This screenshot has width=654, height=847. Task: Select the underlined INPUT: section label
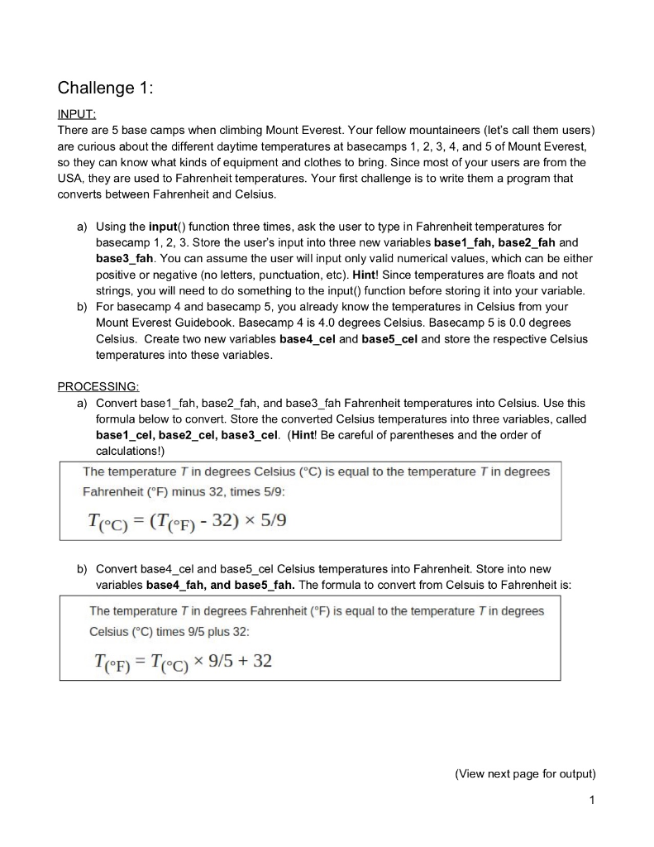pyautogui.click(x=77, y=115)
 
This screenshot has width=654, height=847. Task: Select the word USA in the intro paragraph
pyautogui.click(x=74, y=177)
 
